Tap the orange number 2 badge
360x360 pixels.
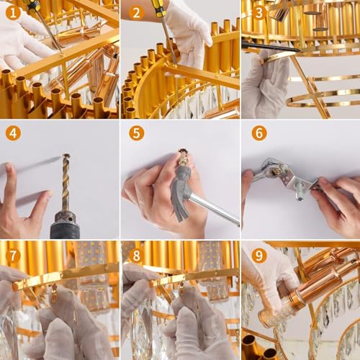point(135,12)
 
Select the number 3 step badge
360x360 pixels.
point(257,12)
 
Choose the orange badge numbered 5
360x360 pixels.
point(136,133)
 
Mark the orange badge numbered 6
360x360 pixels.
point(258,133)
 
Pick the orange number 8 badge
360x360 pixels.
point(136,255)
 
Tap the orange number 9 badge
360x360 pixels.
point(258,255)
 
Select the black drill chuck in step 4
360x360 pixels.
point(65,225)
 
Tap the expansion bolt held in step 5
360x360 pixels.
point(184,158)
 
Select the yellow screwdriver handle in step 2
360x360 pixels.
point(156,9)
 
